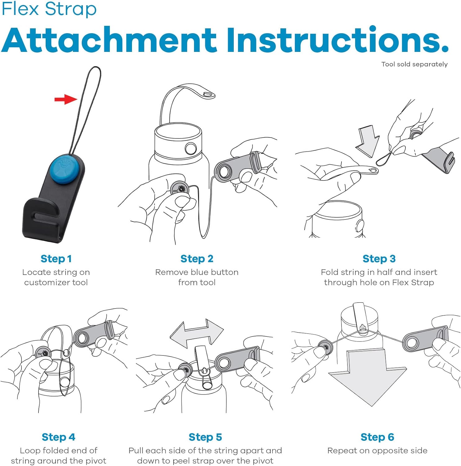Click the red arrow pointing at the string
(x=66, y=99)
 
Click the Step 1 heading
(x=56, y=258)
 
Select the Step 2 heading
(x=197, y=258)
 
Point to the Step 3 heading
(x=379, y=258)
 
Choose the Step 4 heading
(x=58, y=437)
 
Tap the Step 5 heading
(x=205, y=437)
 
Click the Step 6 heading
(x=377, y=437)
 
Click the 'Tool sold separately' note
(x=414, y=64)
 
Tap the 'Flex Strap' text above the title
(x=49, y=9)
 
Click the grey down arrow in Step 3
(x=367, y=141)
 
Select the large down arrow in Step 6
(x=368, y=377)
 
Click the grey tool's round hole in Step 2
(x=223, y=171)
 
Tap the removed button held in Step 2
(x=180, y=188)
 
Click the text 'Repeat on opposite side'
(x=377, y=450)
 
